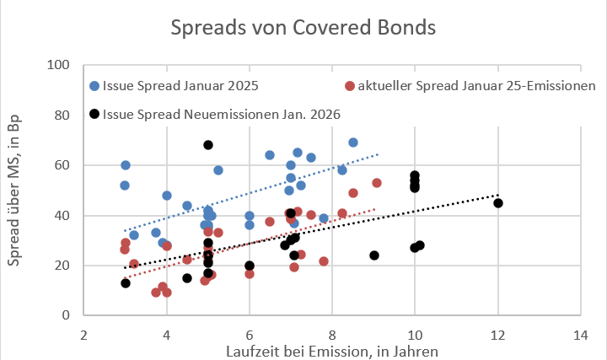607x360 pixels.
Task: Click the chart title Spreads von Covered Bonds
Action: coord(303,27)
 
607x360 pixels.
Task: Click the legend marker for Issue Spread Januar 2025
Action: coord(94,85)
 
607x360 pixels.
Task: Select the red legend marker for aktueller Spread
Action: coord(350,85)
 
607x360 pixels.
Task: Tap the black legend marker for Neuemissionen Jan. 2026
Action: coord(94,113)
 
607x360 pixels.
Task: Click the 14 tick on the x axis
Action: coord(580,336)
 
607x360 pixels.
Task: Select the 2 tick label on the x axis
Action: coord(84,336)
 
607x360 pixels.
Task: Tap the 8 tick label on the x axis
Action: coord(332,336)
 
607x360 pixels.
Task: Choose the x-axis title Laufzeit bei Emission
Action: coord(332,349)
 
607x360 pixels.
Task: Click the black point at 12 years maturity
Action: coord(498,203)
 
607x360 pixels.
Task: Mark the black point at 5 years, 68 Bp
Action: coord(208,145)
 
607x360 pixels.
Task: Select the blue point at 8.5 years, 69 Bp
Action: coord(353,142)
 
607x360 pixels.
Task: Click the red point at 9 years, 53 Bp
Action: coord(377,183)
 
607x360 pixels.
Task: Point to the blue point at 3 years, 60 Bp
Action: coord(126,165)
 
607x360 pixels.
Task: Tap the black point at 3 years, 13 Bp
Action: coord(126,283)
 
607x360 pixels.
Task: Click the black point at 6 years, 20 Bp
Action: coord(250,266)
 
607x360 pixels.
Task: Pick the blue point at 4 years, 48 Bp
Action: coord(167,196)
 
